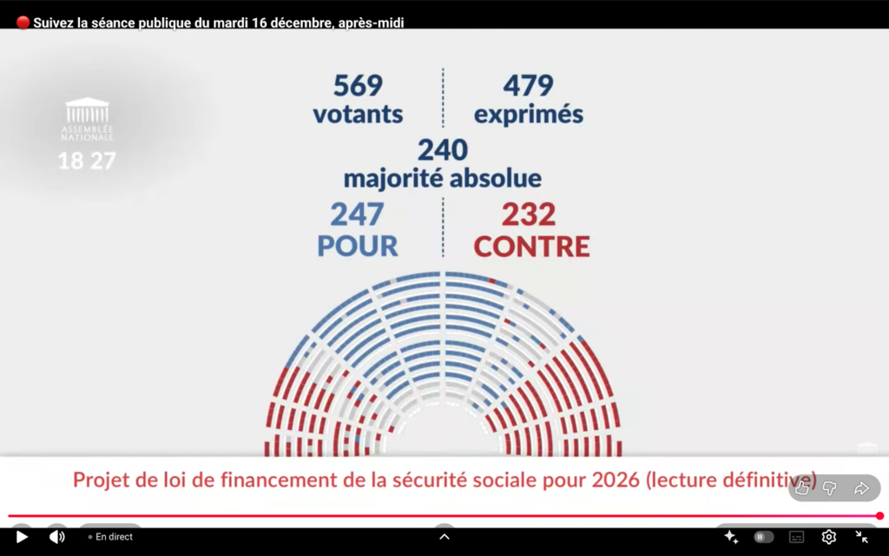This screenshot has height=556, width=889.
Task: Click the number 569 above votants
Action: (x=358, y=85)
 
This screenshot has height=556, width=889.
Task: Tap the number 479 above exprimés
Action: (x=528, y=85)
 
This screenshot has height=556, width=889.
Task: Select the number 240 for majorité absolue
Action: (x=443, y=149)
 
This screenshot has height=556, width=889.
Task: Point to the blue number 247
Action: (x=357, y=214)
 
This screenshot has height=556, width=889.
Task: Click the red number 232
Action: (x=528, y=214)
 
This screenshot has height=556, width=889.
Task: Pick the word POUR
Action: (x=357, y=246)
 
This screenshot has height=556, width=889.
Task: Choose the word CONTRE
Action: (x=531, y=246)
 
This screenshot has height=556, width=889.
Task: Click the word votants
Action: (x=358, y=114)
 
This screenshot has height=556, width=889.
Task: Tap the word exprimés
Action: (x=528, y=114)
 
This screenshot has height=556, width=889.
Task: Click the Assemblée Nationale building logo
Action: (x=87, y=112)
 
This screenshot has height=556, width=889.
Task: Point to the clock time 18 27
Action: (x=87, y=161)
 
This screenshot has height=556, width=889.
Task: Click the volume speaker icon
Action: (x=57, y=537)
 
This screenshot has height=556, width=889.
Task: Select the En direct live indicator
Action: (x=110, y=537)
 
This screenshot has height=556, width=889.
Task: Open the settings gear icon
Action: (x=828, y=537)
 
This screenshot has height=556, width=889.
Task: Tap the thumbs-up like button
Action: (x=802, y=488)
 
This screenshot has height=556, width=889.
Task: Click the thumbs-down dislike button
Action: (x=830, y=488)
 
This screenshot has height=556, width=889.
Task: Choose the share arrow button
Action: (x=861, y=488)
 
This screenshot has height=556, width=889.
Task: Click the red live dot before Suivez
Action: (x=23, y=23)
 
